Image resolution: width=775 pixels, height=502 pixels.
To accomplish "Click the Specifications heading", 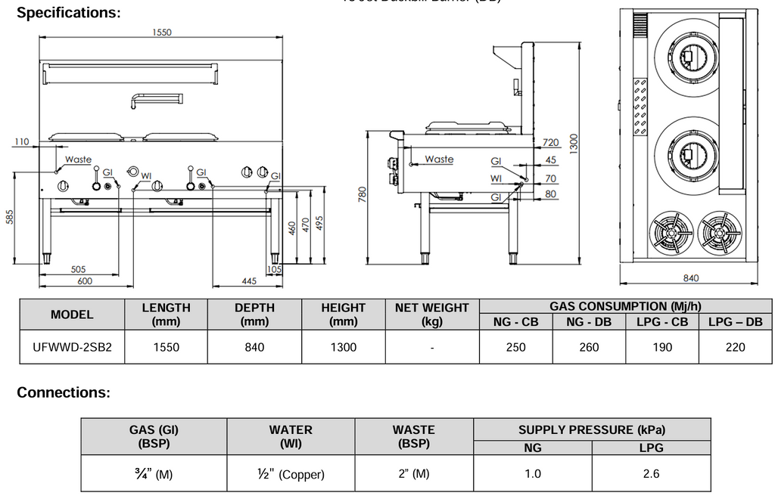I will coord(69,13).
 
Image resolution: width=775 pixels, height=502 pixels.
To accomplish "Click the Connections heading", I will coord(64,392).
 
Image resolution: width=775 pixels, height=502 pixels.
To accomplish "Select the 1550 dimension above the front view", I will coord(161,33).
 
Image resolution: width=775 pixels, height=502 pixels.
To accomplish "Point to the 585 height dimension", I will coord(10,218).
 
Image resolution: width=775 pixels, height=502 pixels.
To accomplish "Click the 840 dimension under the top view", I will coord(690,278).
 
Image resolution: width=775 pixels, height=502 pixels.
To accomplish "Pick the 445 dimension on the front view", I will coord(249,281).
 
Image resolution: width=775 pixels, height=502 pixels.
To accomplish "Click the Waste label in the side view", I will coord(439,160).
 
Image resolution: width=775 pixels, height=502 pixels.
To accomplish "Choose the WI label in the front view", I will coord(147,175).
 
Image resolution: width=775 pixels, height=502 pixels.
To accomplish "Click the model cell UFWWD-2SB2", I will coord(72,347).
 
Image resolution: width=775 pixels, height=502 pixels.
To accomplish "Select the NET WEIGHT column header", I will coord(431,315).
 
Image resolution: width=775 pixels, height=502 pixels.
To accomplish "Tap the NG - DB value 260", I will coord(588,347).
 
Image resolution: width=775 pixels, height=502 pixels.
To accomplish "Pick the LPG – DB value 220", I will coord(734,347).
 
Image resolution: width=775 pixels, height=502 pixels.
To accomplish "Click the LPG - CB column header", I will coord(661,322).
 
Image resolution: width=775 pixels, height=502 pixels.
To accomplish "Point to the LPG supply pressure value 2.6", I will coord(651,474).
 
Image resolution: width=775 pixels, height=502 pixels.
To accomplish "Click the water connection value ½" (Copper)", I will coord(291,474).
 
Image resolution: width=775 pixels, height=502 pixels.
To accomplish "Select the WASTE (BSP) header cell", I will coord(414,436).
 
